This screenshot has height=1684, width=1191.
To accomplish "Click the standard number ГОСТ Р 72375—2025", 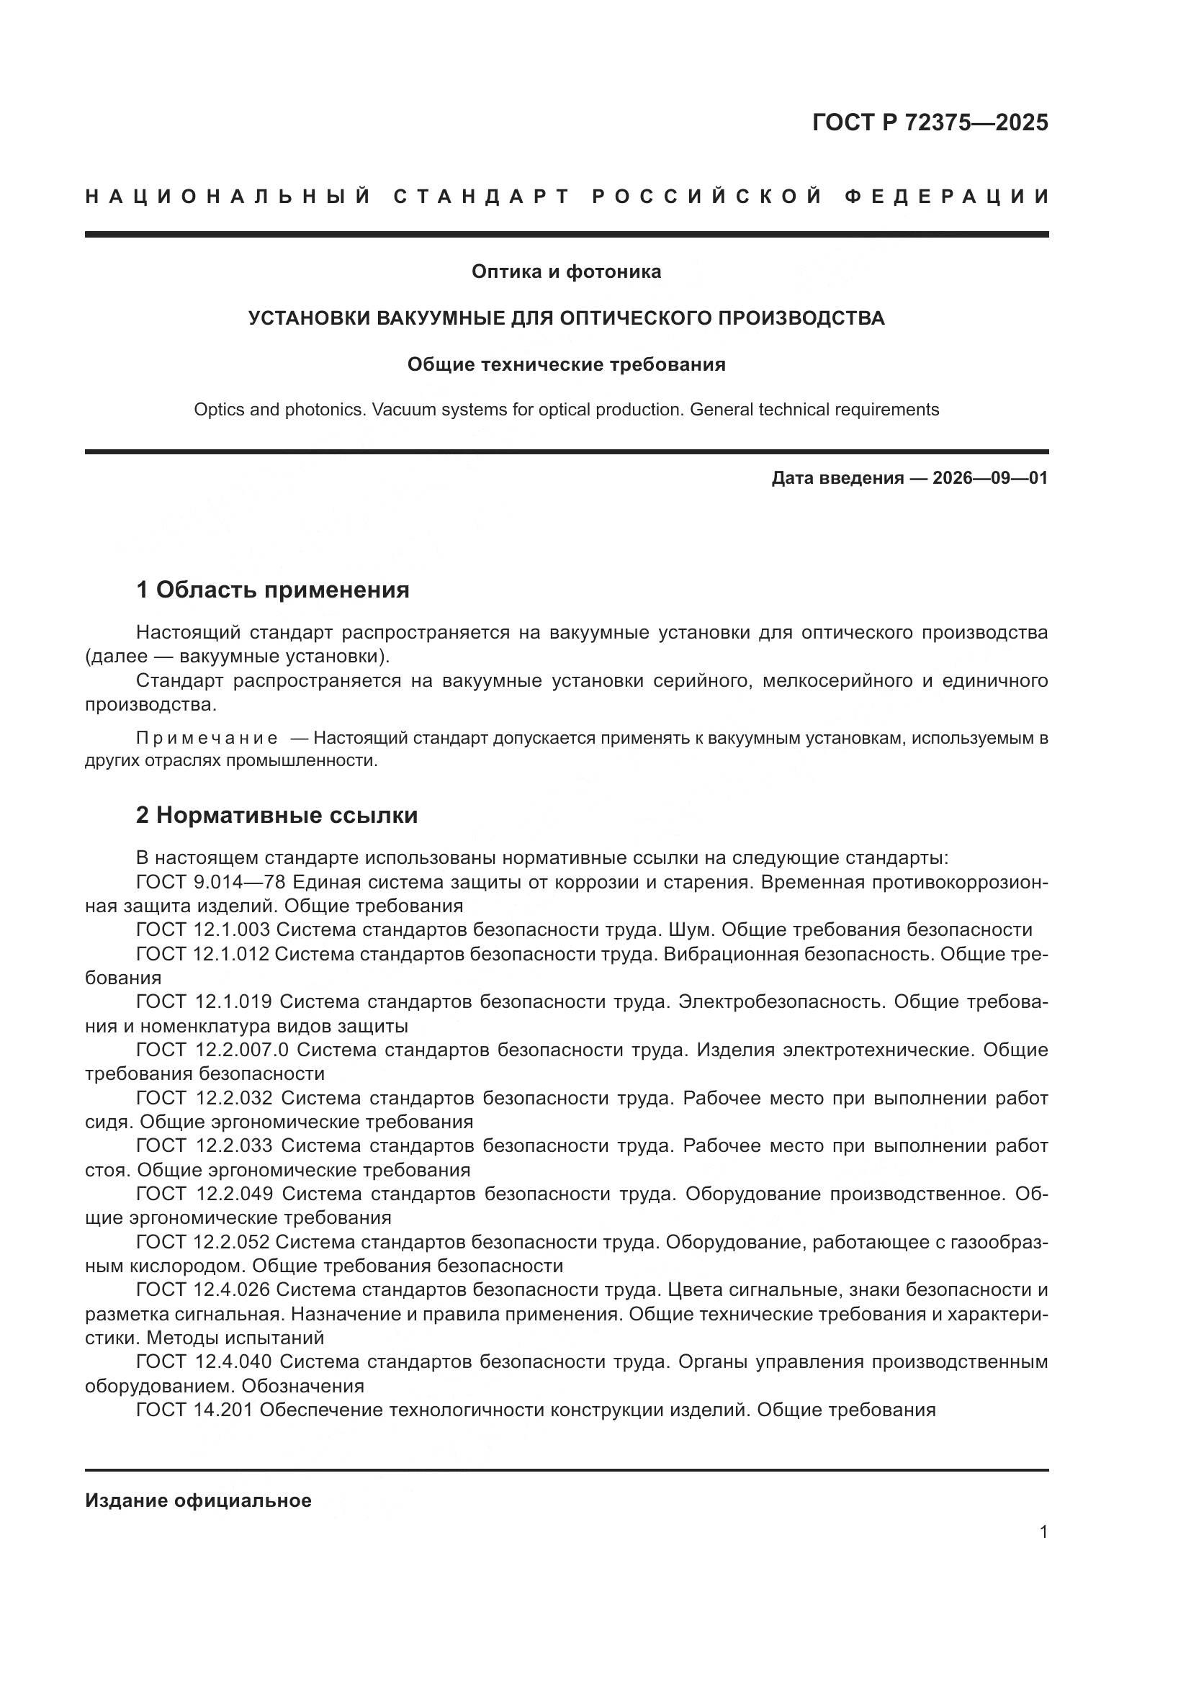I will [930, 122].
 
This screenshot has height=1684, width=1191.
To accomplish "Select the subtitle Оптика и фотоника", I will [566, 271].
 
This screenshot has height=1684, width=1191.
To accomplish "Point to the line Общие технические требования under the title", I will [566, 364].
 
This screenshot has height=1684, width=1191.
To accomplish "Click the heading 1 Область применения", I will [273, 589].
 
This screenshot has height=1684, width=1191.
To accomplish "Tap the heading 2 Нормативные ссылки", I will [277, 815].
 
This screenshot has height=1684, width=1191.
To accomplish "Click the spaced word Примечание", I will [207, 738].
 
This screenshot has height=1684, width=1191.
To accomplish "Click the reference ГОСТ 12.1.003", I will [203, 930].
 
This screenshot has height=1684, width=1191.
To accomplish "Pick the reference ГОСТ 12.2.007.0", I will [212, 1050].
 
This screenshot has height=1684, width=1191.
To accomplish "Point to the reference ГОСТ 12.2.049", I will [205, 1193].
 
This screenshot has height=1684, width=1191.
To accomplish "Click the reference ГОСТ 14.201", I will [194, 1410].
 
